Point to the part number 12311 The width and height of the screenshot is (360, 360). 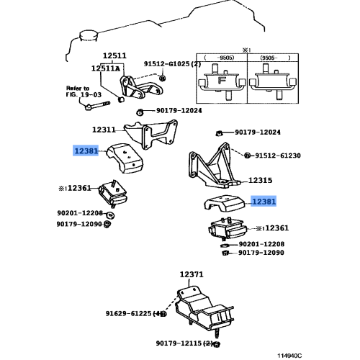point(104,130)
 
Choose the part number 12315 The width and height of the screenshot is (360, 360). point(260,181)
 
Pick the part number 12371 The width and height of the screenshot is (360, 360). point(192,275)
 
